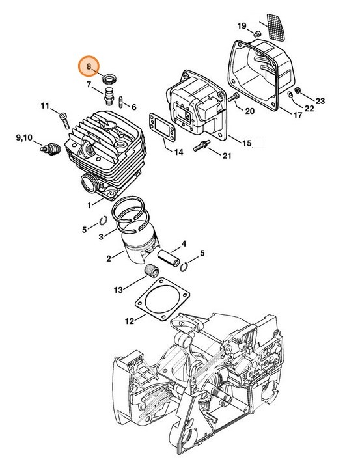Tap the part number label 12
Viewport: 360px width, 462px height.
coord(130,320)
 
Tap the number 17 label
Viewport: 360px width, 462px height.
coord(297,116)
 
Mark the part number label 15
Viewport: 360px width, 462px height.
coord(247,143)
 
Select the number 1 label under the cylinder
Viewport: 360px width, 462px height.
coord(90,205)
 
